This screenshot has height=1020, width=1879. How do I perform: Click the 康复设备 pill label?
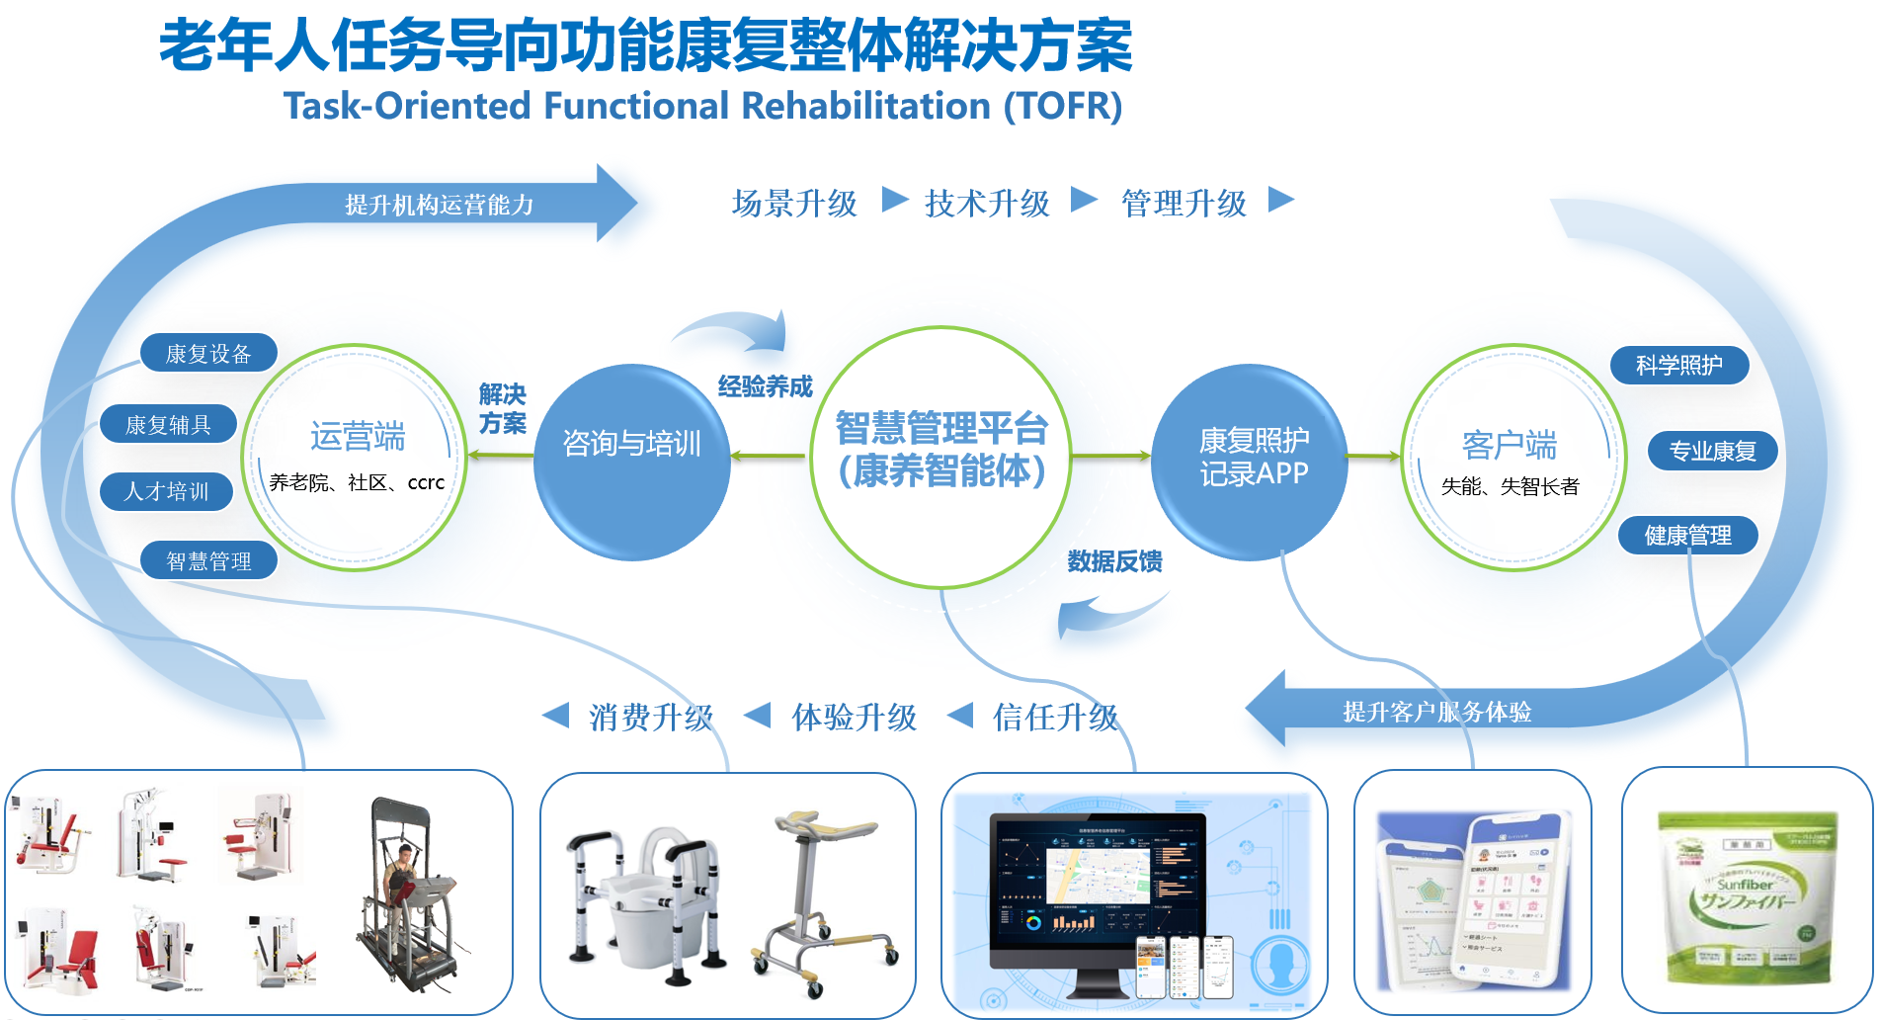tap(208, 353)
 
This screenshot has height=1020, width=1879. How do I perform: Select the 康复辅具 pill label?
tap(168, 424)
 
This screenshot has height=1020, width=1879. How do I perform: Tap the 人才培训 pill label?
tap(166, 491)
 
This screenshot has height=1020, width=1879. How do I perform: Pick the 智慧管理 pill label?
tap(208, 560)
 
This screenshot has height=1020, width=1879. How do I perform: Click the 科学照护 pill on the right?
tap(1678, 365)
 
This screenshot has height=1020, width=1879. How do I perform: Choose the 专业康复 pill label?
tap(1712, 451)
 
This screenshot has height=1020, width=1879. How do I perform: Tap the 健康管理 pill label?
tap(1687, 535)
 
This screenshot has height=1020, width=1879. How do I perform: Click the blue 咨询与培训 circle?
tap(631, 462)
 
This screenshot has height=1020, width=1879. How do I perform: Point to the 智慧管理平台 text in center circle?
tap(941, 428)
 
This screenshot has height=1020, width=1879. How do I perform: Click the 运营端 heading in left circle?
tap(358, 436)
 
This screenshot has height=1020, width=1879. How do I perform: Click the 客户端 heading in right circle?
tap(1509, 444)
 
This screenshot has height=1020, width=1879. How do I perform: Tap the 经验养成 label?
tap(765, 386)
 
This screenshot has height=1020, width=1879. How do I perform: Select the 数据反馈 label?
tap(1114, 561)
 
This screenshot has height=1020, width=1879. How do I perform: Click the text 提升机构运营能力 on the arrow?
tap(439, 205)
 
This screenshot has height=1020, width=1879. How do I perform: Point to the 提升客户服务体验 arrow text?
tap(1436, 712)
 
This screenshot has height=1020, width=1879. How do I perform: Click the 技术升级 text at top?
tap(986, 204)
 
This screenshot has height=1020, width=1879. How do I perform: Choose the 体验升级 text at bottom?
tap(854, 717)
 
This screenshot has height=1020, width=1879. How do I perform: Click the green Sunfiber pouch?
tap(1747, 897)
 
